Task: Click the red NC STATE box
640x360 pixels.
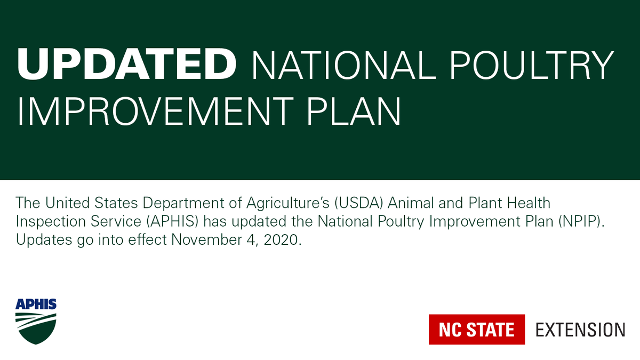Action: click(x=477, y=330)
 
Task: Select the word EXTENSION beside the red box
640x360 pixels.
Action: click(x=580, y=330)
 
